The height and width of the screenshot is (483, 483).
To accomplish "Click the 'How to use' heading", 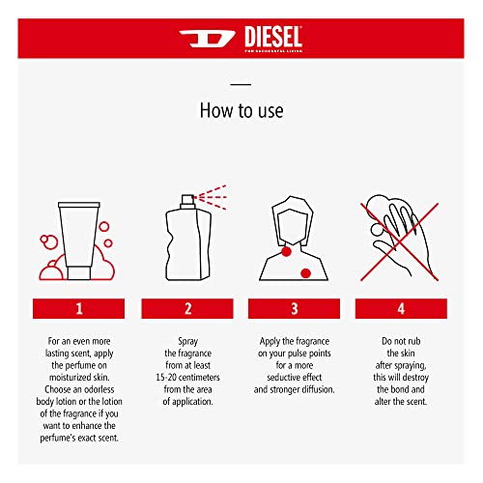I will point(241,110).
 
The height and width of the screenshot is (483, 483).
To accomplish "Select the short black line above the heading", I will point(241,84).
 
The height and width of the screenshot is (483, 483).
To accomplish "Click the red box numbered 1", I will point(81,308).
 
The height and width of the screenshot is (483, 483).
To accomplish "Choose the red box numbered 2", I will point(187,308).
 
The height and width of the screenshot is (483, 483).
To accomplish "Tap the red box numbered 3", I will point(295,308).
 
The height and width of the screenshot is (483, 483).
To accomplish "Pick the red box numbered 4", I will point(402,308).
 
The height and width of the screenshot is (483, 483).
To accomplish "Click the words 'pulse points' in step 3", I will point(308,355).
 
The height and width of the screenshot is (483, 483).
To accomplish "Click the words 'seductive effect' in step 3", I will point(295,377).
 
